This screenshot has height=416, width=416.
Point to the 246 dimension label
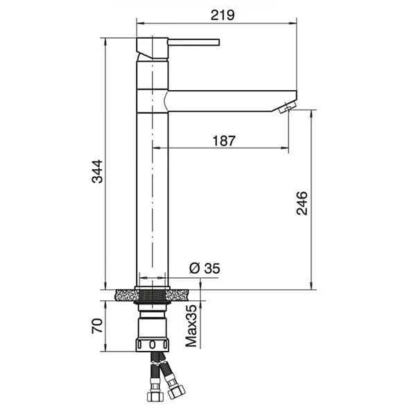click(303, 202)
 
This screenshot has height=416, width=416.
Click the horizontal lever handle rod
click(193, 42)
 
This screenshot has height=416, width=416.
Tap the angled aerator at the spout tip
click(286, 107)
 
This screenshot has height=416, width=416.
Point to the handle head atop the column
click(153, 48)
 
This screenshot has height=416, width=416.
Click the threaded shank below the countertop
click(153, 302)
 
